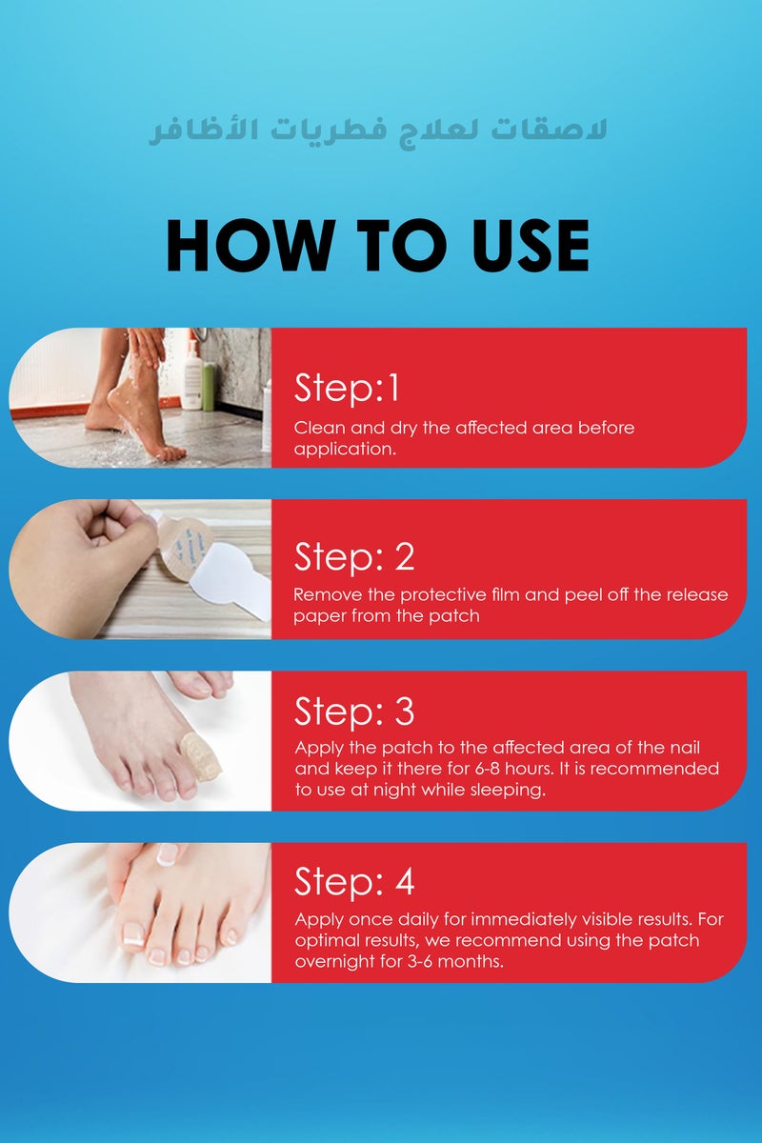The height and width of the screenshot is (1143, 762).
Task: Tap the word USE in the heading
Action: [531, 246]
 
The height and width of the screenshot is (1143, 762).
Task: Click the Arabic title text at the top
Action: [378, 130]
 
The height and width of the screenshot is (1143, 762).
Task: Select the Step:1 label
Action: [346, 389]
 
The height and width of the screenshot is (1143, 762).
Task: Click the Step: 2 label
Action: [353, 556]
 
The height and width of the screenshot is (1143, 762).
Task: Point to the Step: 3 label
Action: [353, 711]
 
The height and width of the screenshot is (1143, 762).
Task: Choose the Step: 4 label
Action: [353, 881]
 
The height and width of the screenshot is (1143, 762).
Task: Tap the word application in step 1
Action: [345, 450]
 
